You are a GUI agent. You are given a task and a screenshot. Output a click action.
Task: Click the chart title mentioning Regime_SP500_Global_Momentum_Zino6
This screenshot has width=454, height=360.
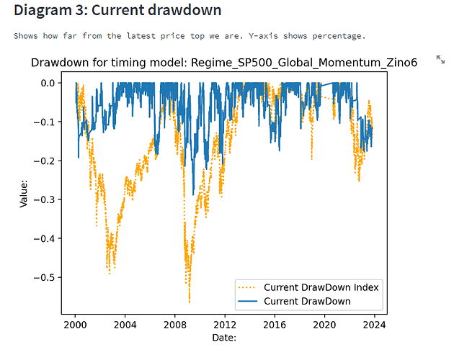224,63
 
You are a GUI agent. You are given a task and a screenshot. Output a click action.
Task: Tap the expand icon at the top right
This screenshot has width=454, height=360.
440,59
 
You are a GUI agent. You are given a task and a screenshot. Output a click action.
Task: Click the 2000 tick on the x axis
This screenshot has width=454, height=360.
75,325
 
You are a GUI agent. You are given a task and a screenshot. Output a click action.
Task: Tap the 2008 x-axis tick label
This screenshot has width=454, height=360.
175,325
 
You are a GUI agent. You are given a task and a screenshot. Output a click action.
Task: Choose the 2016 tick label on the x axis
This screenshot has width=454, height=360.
275,325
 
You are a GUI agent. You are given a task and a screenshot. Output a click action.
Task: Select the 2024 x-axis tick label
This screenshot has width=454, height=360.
375,325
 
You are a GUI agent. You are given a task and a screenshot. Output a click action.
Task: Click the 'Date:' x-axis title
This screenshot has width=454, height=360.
224,337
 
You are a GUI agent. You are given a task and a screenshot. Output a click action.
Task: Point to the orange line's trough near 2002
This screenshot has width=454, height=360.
110,274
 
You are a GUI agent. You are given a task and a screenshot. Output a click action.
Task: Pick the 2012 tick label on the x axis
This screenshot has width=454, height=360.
225,325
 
